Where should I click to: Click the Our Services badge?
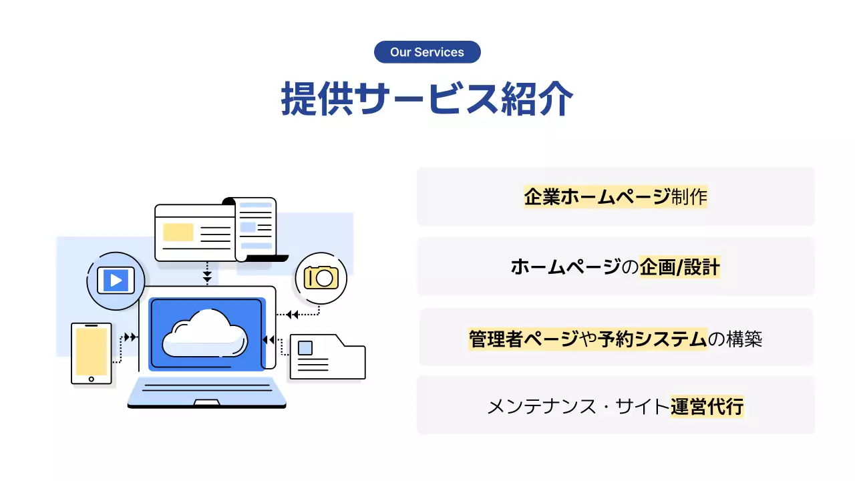pyautogui.click(x=427, y=52)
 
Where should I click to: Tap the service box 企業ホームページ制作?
pyautogui.click(x=615, y=196)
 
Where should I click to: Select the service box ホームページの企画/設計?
pyautogui.click(x=615, y=267)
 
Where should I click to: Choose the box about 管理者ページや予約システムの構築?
pyautogui.click(x=615, y=338)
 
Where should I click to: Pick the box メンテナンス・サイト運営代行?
pyautogui.click(x=615, y=406)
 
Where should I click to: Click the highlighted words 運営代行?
pyautogui.click(x=707, y=406)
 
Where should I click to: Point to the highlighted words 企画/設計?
pyautogui.click(x=679, y=267)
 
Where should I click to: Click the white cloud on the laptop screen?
pyautogui.click(x=206, y=332)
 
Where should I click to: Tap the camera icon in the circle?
pyautogui.click(x=321, y=277)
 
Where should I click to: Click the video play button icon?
pyautogui.click(x=116, y=280)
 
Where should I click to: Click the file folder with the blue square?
pyautogui.click(x=327, y=357)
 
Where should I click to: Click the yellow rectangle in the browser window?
pyautogui.click(x=178, y=232)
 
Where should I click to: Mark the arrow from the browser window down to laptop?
pyautogui.click(x=207, y=275)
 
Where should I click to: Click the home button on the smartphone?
pyautogui.click(x=92, y=379)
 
